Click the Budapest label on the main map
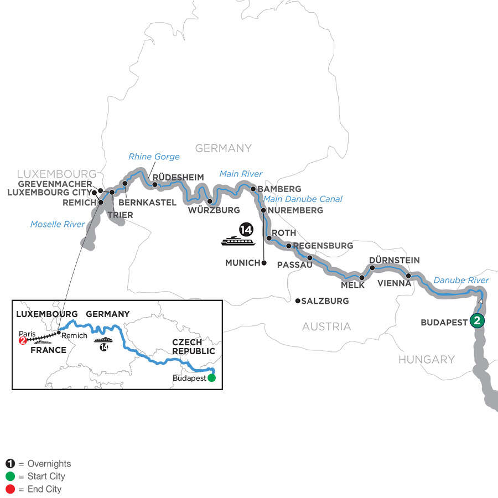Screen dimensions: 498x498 pos(444,322)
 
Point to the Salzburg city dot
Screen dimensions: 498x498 pos(298,301)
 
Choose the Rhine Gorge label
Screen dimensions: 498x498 pos(154,157)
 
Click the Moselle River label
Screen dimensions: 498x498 pos(58,224)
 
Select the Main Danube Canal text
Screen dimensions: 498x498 pos(303,199)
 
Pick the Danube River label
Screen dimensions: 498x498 pos(461,281)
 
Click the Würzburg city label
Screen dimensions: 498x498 pos(214,210)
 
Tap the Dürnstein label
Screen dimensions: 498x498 pos(394,260)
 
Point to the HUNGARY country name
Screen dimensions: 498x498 pos(426,360)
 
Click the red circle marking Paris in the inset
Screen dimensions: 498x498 pos(23,341)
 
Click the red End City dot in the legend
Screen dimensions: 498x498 pos(10,489)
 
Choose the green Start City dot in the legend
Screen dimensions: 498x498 pos(10,476)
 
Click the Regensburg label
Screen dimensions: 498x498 pos(323,245)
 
